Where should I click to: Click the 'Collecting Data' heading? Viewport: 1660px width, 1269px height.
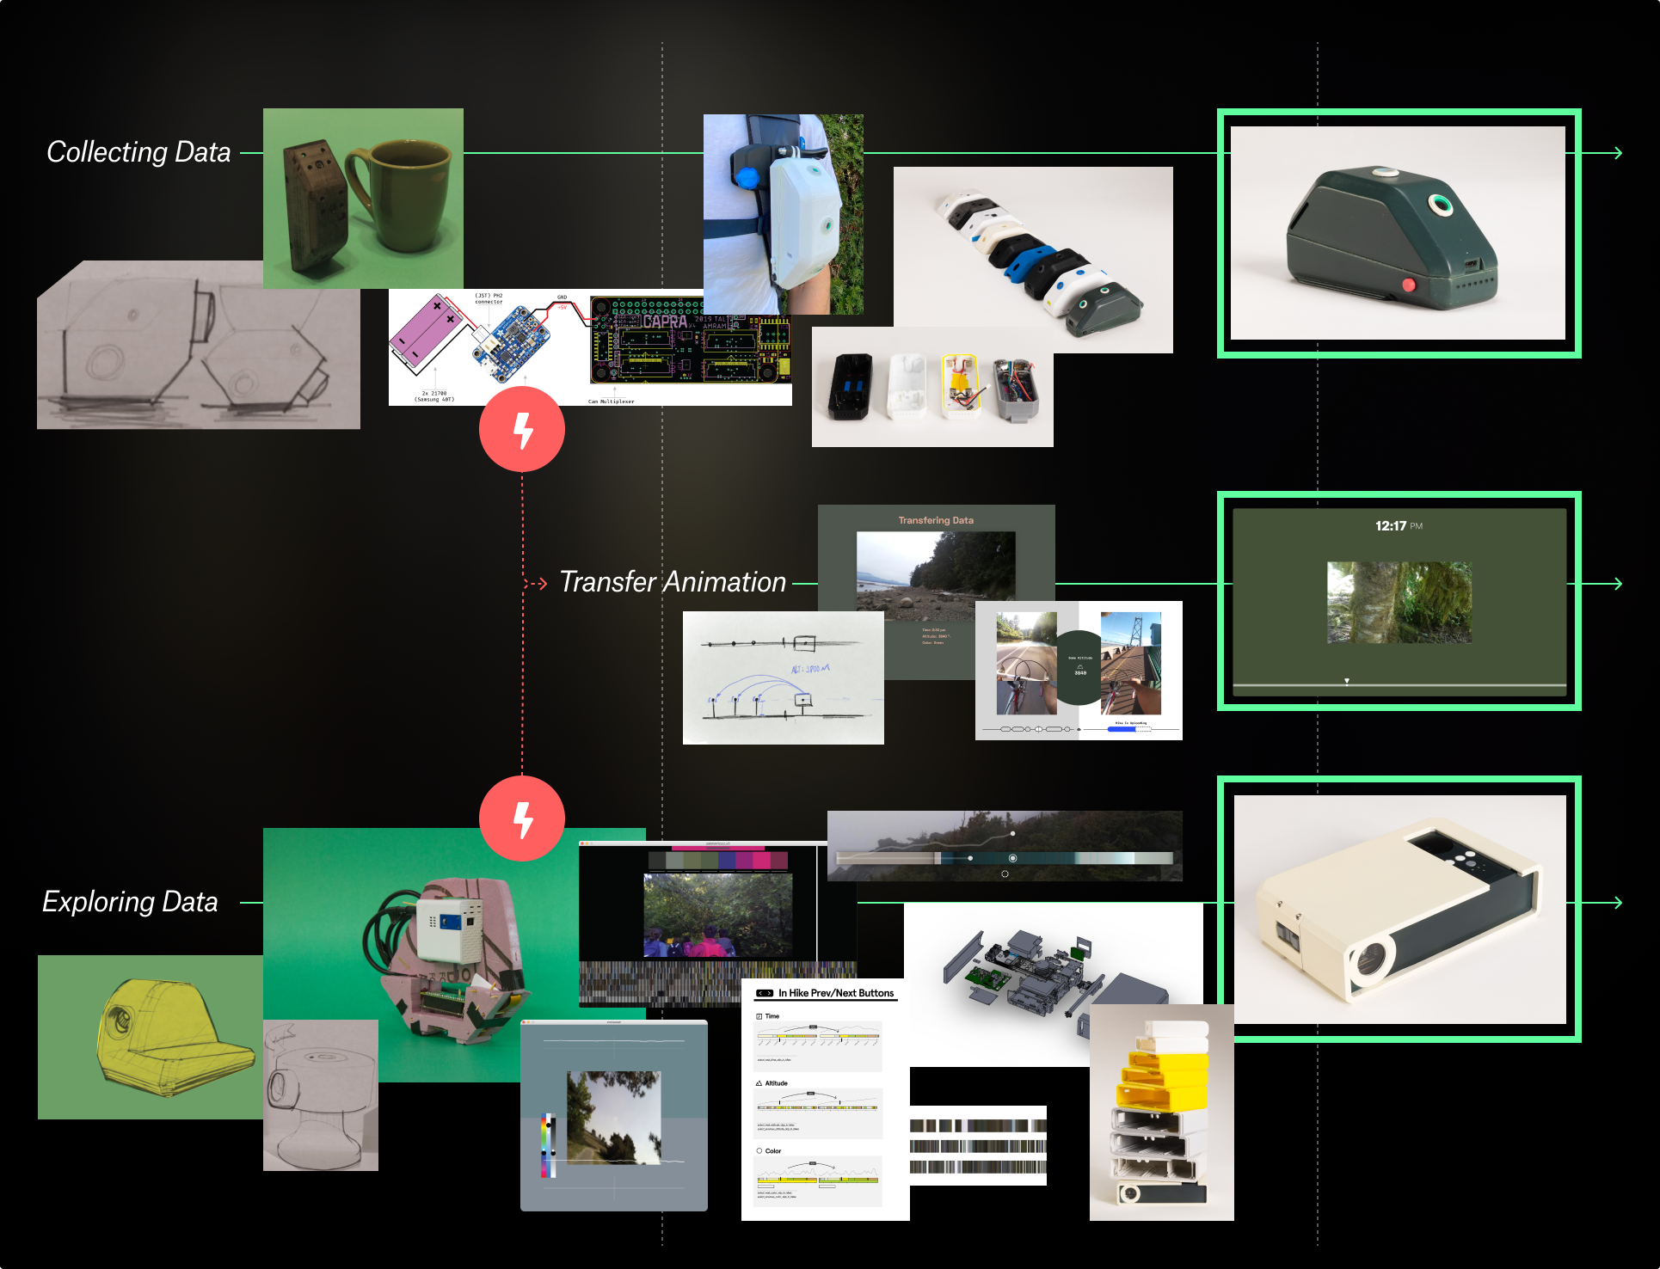click(x=138, y=152)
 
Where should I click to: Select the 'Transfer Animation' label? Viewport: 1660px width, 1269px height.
click(x=673, y=582)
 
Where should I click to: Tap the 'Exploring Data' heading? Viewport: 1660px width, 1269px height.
click(x=130, y=902)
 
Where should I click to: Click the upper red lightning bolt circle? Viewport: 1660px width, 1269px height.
click(x=522, y=429)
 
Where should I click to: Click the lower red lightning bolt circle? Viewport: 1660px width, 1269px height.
click(x=522, y=818)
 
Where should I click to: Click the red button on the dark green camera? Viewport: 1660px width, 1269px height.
click(x=1409, y=285)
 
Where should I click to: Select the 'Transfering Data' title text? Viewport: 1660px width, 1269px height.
click(x=936, y=520)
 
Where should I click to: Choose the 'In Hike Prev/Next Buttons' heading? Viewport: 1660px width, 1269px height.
click(x=835, y=993)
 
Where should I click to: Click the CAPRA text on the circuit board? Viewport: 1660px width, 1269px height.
click(x=665, y=322)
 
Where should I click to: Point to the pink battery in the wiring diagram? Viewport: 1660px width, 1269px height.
click(x=427, y=331)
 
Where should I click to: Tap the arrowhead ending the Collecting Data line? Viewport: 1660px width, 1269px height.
click(x=1618, y=153)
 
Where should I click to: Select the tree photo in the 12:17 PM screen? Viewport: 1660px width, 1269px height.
click(x=1399, y=603)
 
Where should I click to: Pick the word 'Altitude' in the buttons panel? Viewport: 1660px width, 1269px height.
click(x=776, y=1083)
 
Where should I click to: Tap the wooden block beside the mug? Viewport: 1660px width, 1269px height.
click(x=316, y=206)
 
